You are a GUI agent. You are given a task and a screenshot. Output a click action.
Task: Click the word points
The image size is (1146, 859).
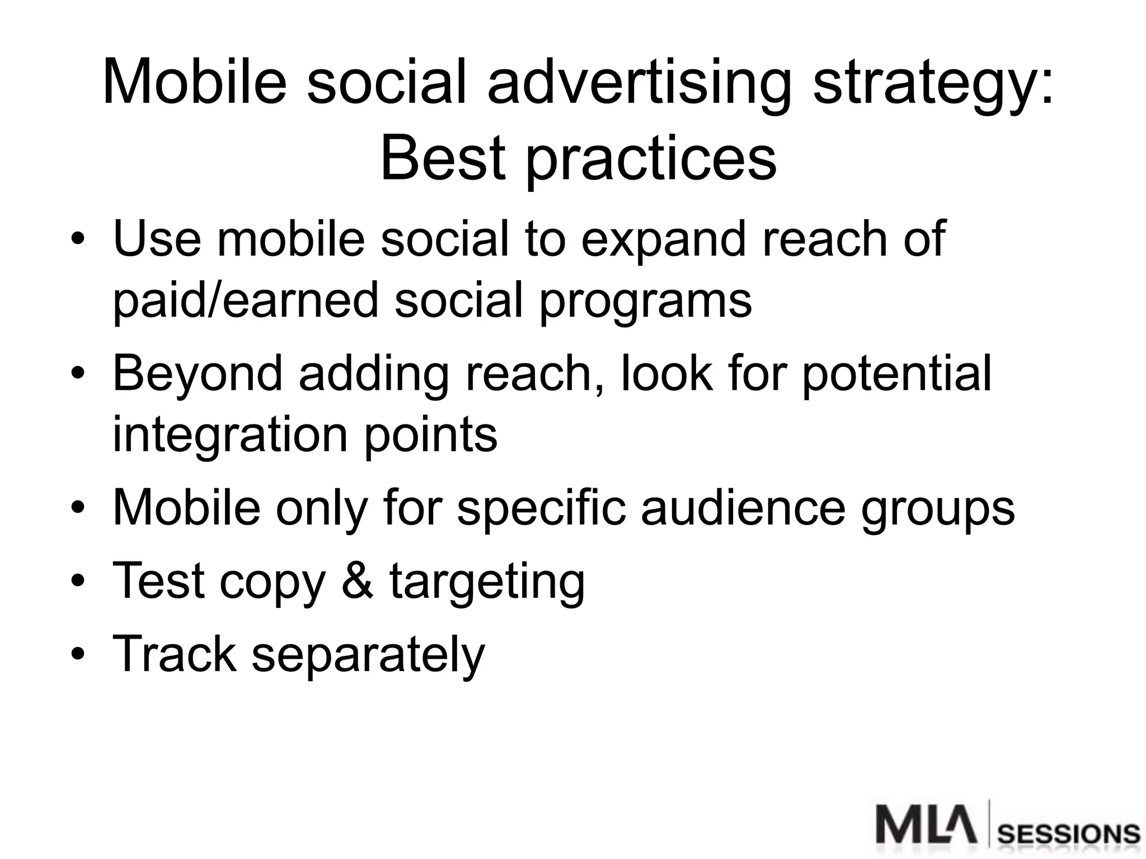pos(430,437)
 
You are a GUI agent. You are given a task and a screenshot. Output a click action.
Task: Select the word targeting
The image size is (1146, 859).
pos(487,584)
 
